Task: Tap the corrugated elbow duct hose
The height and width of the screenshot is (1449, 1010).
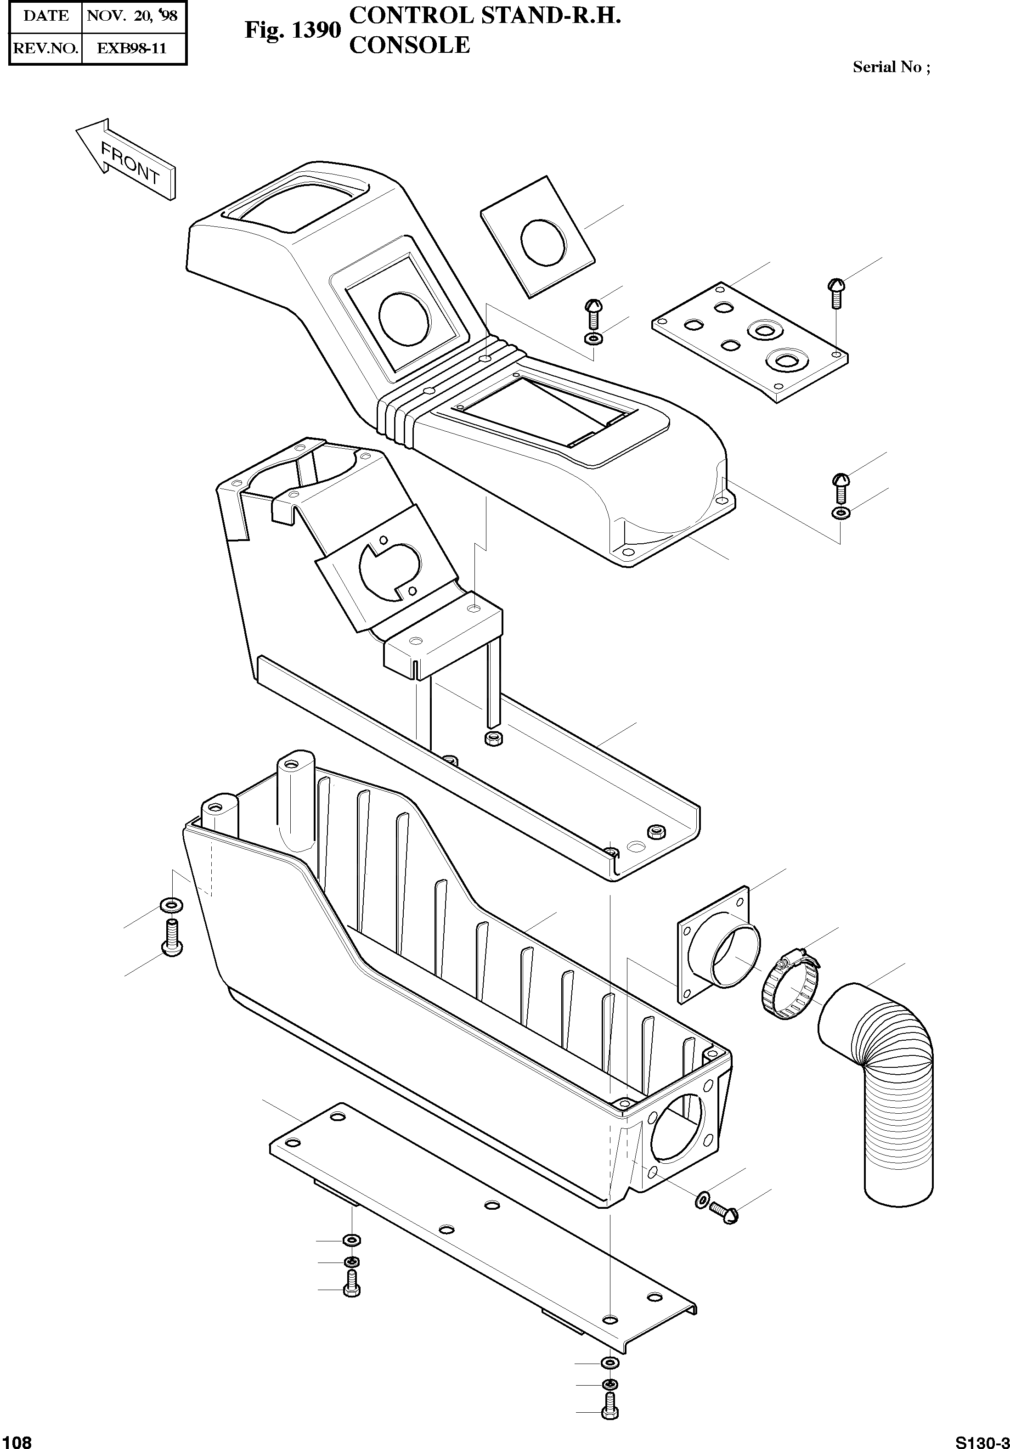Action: point(890,1073)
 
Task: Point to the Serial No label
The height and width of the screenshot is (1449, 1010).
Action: point(891,67)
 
